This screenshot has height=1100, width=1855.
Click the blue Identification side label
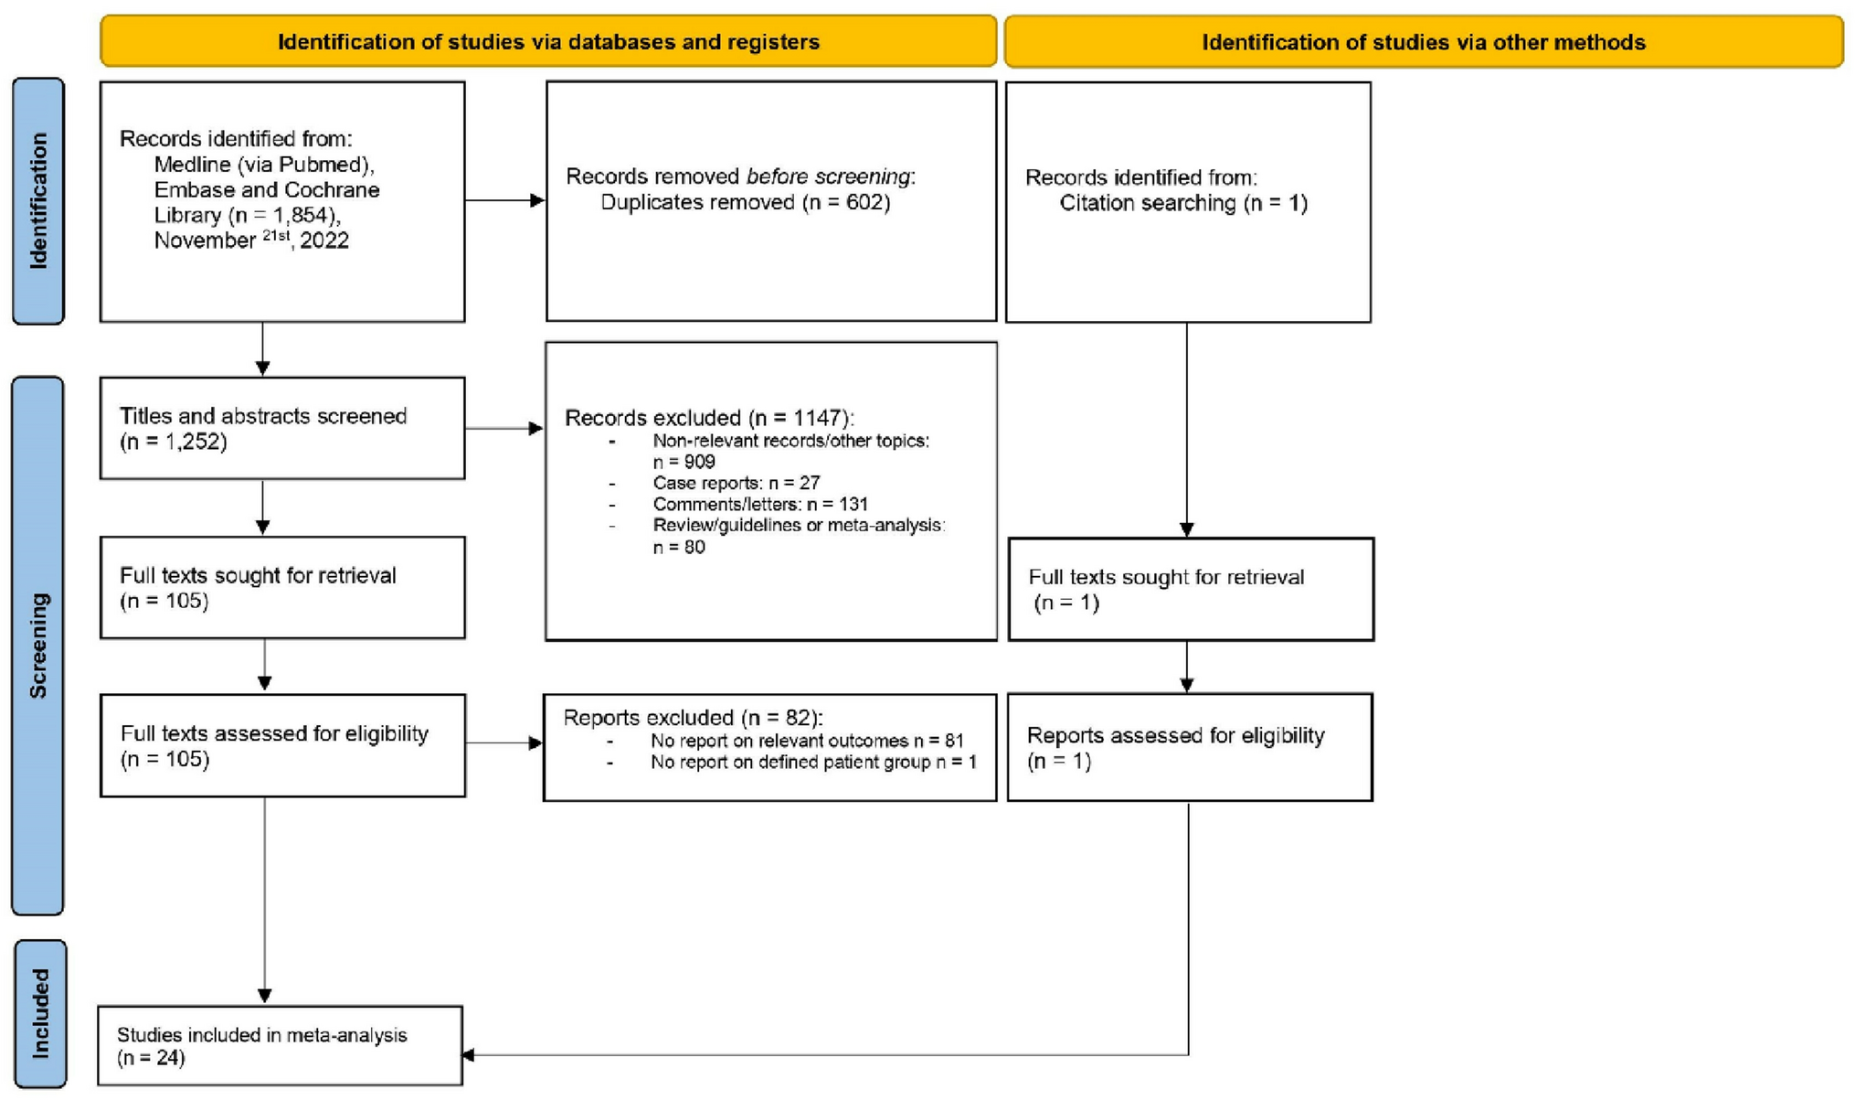coord(38,201)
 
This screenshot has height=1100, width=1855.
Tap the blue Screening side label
coord(38,646)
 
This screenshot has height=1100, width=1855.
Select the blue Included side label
coord(40,1013)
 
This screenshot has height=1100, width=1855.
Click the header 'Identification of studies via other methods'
coord(1423,42)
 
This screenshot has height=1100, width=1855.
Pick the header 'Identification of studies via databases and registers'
coord(548,42)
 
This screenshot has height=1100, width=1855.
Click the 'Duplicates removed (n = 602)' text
coord(745,202)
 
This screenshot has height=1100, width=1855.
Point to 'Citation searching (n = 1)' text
coord(1183,203)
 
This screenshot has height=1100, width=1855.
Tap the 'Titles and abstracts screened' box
coord(282,428)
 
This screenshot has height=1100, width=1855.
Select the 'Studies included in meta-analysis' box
coord(280,1046)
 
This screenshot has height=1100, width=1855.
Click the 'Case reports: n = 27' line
coord(736,483)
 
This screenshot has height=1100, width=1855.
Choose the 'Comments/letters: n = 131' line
coord(759,504)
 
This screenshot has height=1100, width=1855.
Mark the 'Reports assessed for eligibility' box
coord(1189,747)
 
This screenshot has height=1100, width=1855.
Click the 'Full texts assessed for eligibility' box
coord(282,745)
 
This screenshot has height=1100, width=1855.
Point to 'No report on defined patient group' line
coord(812,762)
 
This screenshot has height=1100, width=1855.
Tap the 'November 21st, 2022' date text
coord(251,240)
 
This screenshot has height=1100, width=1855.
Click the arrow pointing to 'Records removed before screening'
coord(504,200)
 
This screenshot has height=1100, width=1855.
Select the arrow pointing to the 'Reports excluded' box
coord(503,743)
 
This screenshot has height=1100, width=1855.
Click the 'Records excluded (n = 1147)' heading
coord(708,418)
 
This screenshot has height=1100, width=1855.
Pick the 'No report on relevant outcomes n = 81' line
coord(806,741)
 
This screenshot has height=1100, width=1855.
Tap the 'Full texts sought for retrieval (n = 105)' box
coord(282,587)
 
